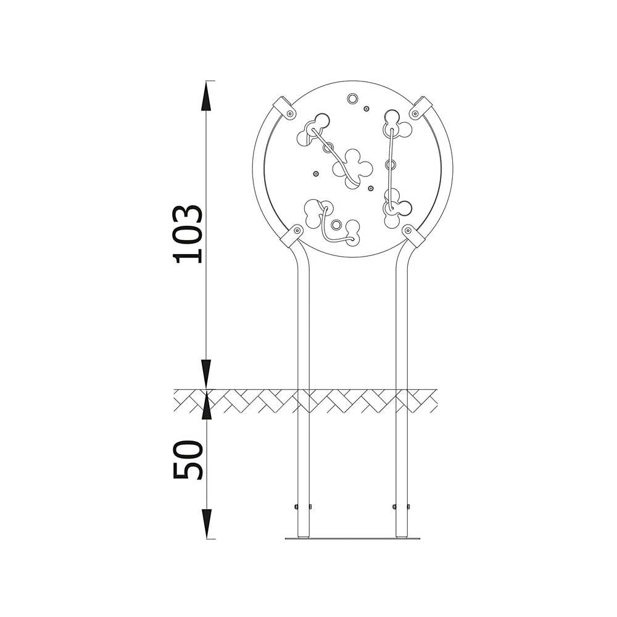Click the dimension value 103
188,234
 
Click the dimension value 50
188,460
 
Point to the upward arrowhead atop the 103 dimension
206,97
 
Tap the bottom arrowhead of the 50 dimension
206,524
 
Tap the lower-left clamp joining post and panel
292,235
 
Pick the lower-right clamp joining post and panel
413,235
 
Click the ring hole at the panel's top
352,98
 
